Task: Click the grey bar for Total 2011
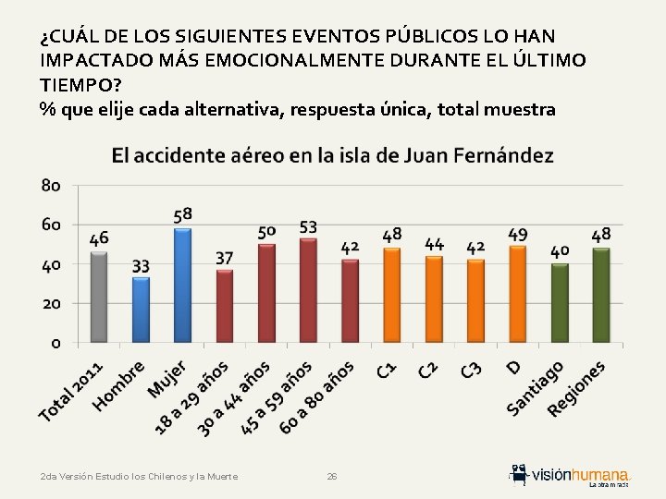[99, 297]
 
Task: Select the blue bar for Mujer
[182, 285]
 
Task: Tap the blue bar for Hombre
[141, 309]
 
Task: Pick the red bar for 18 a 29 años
[225, 305]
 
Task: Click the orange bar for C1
[392, 295]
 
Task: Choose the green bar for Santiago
[559, 302]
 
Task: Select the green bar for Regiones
[601, 295]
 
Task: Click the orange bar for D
[517, 294]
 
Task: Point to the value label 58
[183, 215]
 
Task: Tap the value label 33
[141, 266]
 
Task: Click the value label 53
[309, 226]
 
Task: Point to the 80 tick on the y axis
[51, 186]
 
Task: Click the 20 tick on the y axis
[51, 303]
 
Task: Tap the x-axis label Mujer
[168, 379]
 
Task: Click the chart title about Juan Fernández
[333, 155]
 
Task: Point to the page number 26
[332, 476]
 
